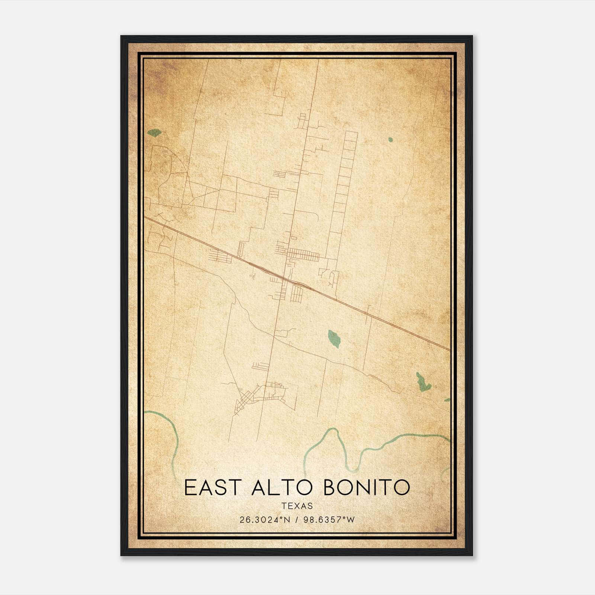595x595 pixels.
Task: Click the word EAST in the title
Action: (210, 488)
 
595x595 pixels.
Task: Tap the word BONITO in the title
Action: (367, 488)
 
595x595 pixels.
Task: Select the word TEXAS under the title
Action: (297, 506)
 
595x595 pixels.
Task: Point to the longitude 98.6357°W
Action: (329, 520)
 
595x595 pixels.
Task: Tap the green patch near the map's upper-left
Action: (154, 132)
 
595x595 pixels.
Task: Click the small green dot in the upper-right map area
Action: (390, 140)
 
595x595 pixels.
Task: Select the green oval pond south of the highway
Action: (334, 338)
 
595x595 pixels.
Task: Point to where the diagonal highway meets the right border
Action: (449, 350)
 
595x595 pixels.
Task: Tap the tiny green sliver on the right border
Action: (447, 400)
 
